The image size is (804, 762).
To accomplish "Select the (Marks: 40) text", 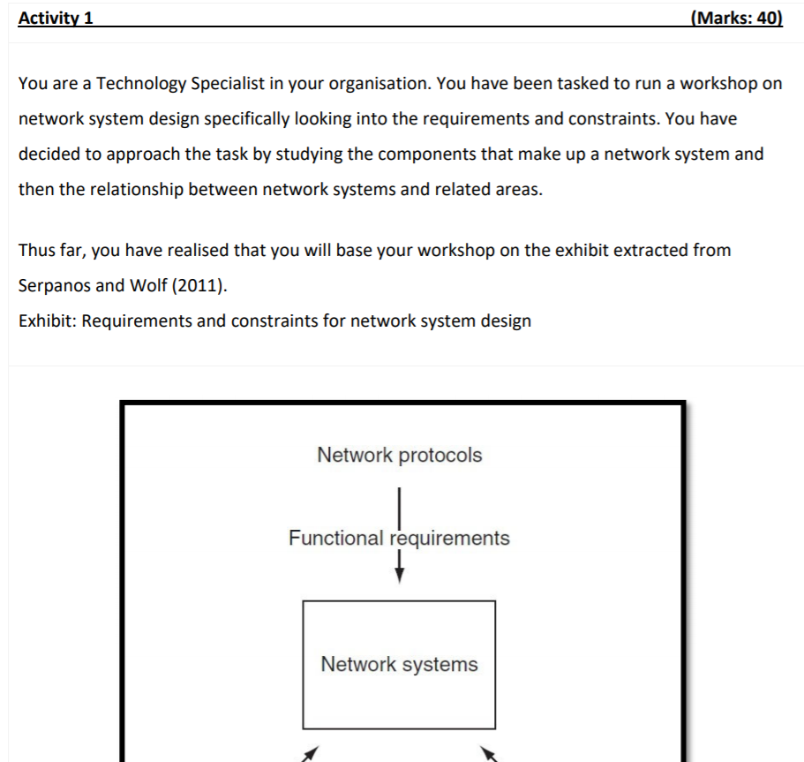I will (x=738, y=18).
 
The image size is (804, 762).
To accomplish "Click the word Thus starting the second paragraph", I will (x=36, y=250).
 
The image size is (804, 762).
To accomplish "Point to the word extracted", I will (x=642, y=250).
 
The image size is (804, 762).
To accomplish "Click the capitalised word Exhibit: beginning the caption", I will (x=47, y=321).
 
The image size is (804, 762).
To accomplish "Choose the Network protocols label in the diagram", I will (x=399, y=456).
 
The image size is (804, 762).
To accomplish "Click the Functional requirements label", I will (x=399, y=538).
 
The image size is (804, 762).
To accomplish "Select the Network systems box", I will (x=399, y=664).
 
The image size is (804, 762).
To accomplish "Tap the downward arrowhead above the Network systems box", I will (x=400, y=575).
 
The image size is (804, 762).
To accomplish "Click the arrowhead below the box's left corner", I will (x=309, y=752).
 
